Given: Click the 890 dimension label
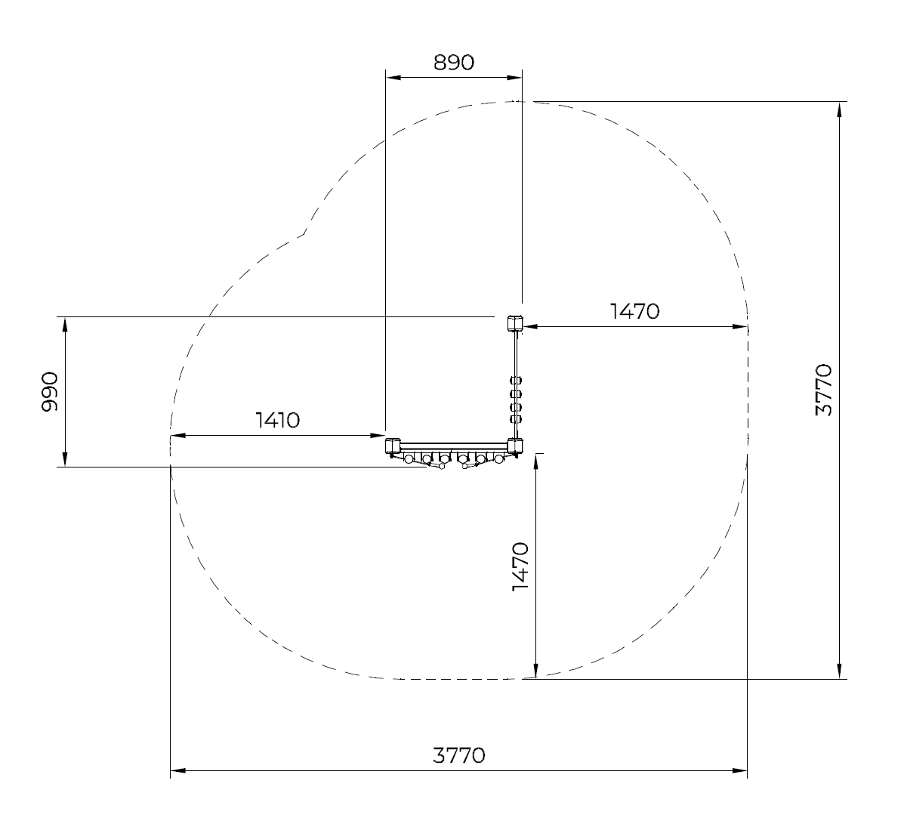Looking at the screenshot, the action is tap(454, 62).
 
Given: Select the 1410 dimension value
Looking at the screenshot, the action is tap(277, 420).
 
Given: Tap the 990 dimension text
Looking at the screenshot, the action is tap(50, 392).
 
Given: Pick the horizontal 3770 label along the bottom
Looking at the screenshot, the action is tap(459, 755).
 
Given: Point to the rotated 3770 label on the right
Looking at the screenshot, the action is tap(825, 390).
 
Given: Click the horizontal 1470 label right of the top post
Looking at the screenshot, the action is tap(634, 311).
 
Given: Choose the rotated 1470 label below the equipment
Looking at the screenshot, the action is tap(520, 566).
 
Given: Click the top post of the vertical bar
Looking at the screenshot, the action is tap(515, 322).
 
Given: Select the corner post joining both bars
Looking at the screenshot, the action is tap(515, 446).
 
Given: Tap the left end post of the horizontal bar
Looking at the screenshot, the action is tap(393, 446).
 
